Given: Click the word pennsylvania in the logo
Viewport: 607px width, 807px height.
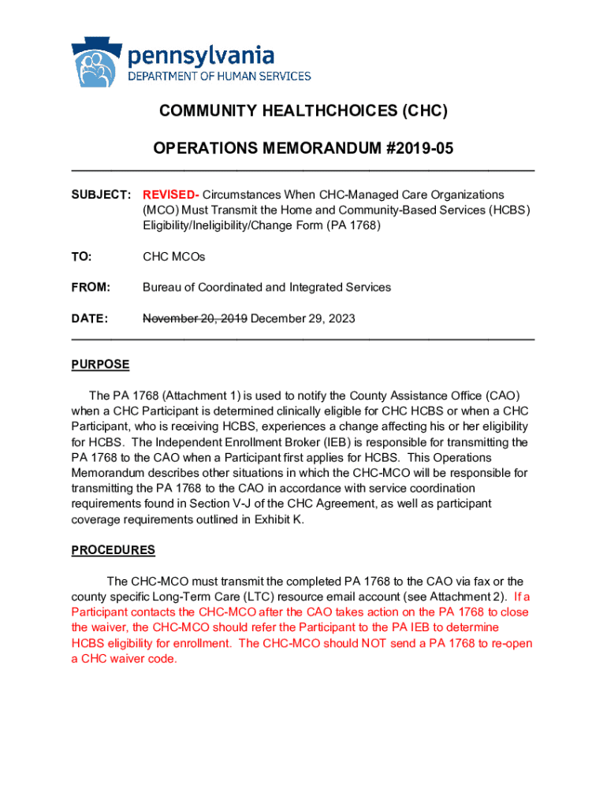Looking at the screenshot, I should pyautogui.click(x=201, y=56).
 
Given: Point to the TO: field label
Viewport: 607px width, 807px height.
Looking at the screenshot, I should pyautogui.click(x=81, y=257).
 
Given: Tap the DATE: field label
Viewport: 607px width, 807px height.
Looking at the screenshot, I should pyautogui.click(x=89, y=319).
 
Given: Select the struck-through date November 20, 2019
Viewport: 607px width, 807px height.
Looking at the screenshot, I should pyautogui.click(x=195, y=319).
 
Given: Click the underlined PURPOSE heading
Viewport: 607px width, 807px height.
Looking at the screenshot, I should pyautogui.click(x=100, y=365).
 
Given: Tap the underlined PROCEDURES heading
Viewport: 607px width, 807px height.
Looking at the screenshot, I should pyautogui.click(x=113, y=550).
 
